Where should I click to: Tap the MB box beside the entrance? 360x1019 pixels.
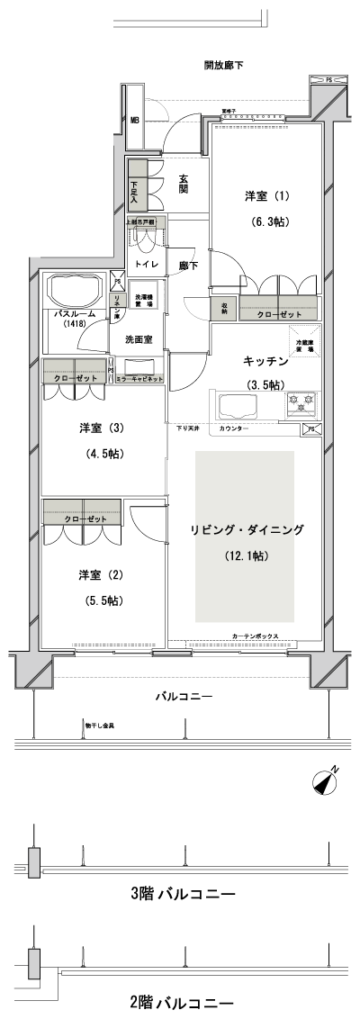point(135,120)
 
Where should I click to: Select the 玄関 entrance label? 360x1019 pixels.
point(183,185)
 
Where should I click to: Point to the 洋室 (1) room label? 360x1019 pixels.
point(269,195)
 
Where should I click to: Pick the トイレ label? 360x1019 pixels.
point(144,264)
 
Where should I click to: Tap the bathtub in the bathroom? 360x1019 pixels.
point(76,291)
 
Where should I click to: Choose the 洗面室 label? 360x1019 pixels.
point(138,339)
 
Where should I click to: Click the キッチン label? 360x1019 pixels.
point(265,361)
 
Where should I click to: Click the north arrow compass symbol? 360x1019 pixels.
point(327,782)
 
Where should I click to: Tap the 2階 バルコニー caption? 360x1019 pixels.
point(182,1002)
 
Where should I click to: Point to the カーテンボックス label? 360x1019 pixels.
point(255,636)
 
